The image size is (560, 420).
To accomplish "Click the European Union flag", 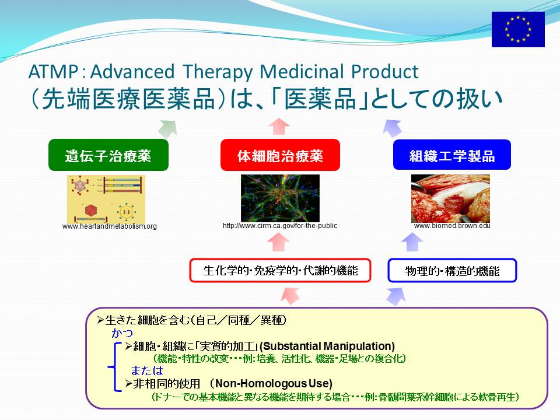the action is click(x=518, y=29).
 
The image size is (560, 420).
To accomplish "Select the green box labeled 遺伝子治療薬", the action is click(x=108, y=155).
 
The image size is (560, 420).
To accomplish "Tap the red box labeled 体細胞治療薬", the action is click(x=280, y=155).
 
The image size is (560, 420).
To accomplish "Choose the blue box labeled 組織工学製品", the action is click(x=452, y=155).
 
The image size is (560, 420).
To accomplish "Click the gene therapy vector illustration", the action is click(x=106, y=199).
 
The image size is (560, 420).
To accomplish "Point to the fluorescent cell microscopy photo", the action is click(x=280, y=198).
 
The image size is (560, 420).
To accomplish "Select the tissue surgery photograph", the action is click(x=450, y=198).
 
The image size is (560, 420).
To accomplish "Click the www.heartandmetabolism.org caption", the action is click(x=109, y=226).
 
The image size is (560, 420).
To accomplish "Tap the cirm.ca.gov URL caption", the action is click(x=280, y=226).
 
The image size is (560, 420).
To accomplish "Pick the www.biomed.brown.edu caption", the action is click(x=452, y=226).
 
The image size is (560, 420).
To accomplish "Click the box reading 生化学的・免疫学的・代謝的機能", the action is click(x=280, y=270).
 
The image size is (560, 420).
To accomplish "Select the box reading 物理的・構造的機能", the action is click(x=452, y=270).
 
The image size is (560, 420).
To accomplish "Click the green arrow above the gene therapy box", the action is click(x=168, y=128).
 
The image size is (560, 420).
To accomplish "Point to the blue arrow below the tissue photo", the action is click(x=412, y=242).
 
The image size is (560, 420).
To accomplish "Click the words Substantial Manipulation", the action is click(x=327, y=346).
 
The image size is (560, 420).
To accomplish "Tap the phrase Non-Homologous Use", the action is click(x=274, y=384).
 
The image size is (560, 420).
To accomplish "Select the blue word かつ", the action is click(x=122, y=333).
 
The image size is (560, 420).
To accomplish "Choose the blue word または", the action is click(x=147, y=370).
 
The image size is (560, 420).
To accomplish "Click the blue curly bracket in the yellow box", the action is click(x=114, y=367).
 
